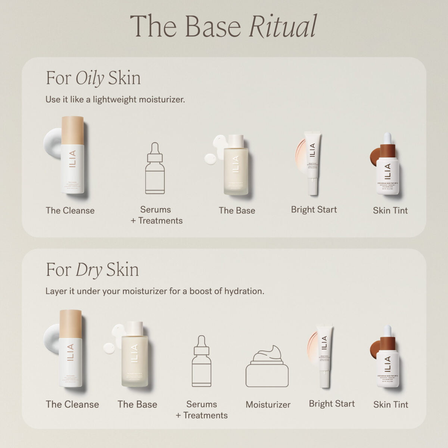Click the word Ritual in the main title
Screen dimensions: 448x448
pyautogui.click(x=283, y=26)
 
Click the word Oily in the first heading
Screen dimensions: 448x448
pyautogui.click(x=90, y=78)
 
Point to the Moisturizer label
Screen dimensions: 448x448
pyautogui.click(x=268, y=404)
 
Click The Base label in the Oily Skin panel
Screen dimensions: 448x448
pyautogui.click(x=237, y=210)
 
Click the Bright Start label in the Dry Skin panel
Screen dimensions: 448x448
pyautogui.click(x=332, y=404)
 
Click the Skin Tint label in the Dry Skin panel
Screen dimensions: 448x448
pyautogui.click(x=391, y=404)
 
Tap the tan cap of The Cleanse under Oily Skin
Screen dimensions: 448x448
pyautogui.click(x=72, y=130)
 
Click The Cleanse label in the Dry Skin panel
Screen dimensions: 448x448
pyautogui.click(x=72, y=404)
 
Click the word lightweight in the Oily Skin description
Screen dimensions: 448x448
pyautogui.click(x=115, y=100)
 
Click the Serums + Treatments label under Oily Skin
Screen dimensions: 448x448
pyautogui.click(x=156, y=215)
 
